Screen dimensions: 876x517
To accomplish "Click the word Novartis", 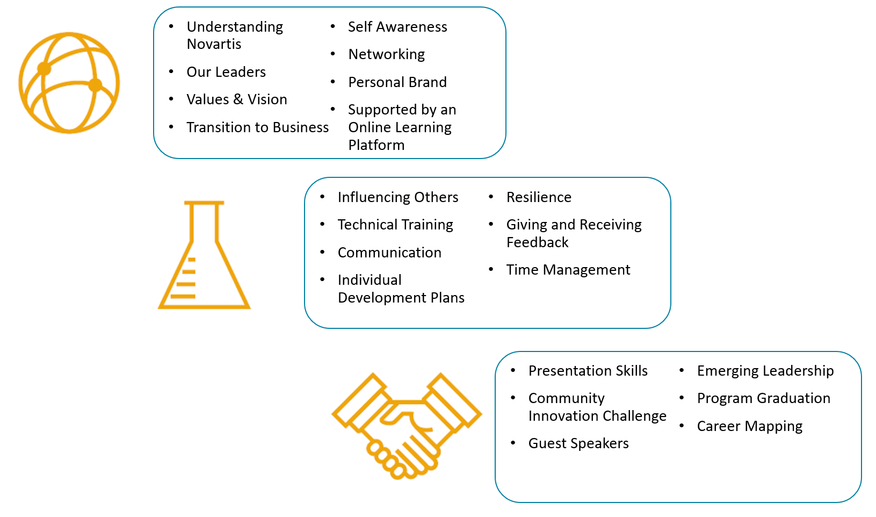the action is pos(214,44).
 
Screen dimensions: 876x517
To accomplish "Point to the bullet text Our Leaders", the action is pos(226,72).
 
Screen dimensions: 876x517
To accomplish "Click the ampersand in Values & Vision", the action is pos(238,99).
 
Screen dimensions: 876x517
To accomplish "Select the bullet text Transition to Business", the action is pos(257,127).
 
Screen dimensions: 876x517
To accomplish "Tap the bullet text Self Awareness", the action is pos(397,27).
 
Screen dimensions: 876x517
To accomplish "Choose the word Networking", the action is pos(386,54).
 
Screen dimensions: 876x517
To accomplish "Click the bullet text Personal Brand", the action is pos(397,82).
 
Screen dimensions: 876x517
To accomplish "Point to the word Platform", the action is pos(376,145).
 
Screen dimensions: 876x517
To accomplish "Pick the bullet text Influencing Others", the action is pos(398,197).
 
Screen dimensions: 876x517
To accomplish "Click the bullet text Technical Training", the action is pos(395,225).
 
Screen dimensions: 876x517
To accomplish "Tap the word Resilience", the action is pos(539,197).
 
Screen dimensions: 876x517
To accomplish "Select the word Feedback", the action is pos(537,243).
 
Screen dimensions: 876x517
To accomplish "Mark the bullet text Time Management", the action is pos(568,270).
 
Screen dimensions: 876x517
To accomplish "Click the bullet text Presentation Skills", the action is pos(588,371).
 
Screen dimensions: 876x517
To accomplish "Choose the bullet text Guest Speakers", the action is pos(578,443).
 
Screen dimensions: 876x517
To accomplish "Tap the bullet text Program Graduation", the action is pos(763,398).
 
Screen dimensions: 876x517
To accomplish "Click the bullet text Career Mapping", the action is pos(750,426).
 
